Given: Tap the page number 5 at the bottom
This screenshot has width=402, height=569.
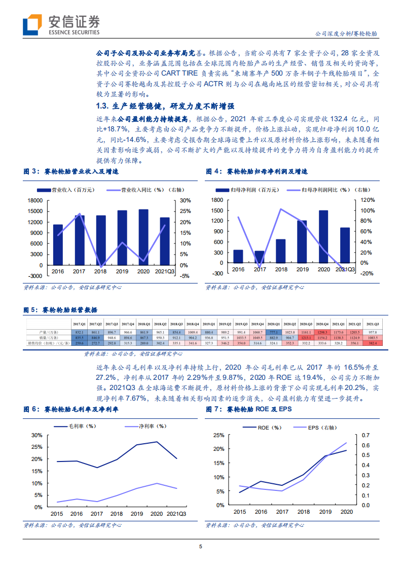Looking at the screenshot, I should tap(201, 546).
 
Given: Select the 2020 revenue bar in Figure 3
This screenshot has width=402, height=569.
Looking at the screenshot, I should tap(143, 237).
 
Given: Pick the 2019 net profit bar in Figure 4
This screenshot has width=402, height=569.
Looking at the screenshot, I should tap(302, 242).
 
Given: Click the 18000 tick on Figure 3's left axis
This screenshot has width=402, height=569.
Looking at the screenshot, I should tap(35, 200).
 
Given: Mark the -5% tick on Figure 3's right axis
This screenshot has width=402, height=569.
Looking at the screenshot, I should tap(185, 276).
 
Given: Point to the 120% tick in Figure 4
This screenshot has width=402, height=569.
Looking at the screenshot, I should tap(368, 200).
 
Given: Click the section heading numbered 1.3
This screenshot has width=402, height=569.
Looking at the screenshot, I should tap(165, 106).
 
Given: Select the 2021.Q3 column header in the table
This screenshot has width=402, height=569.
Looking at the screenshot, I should tap(372, 324).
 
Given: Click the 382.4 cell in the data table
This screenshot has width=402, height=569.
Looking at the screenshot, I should tap(372, 343).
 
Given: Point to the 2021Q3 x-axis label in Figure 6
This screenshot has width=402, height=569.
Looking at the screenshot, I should tap(176, 514).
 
